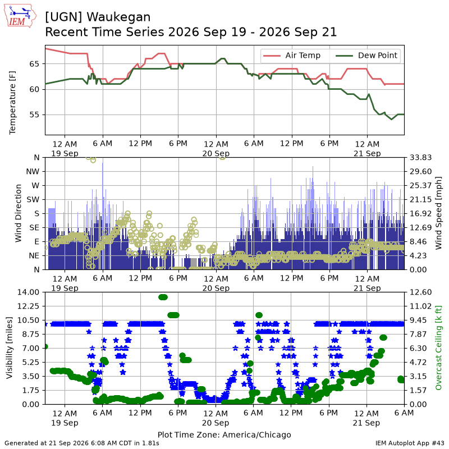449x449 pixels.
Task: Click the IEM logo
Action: [20, 16]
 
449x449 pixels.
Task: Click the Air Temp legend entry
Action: [291, 55]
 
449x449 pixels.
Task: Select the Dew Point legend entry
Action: [366, 55]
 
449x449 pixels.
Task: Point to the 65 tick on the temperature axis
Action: [34, 64]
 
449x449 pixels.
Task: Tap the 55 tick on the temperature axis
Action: [34, 114]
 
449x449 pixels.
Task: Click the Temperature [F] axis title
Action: [12, 103]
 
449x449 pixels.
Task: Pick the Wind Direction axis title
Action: [18, 213]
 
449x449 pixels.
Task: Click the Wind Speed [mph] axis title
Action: [438, 213]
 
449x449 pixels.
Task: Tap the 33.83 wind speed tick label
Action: [420, 158]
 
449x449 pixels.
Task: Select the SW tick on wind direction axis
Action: [33, 200]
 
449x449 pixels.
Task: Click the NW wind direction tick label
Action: [33, 172]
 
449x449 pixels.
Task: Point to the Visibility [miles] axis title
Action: [10, 348]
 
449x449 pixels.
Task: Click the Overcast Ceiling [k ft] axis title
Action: [438, 348]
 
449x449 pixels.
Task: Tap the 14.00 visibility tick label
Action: [28, 292]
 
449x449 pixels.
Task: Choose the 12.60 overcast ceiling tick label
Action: [420, 292]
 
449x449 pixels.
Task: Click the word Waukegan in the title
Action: [118, 17]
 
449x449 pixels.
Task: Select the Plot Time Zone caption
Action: [224, 434]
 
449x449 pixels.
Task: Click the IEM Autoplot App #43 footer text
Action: [410, 443]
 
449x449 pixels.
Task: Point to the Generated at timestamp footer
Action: [82, 443]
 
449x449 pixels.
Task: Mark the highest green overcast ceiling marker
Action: [163, 297]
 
